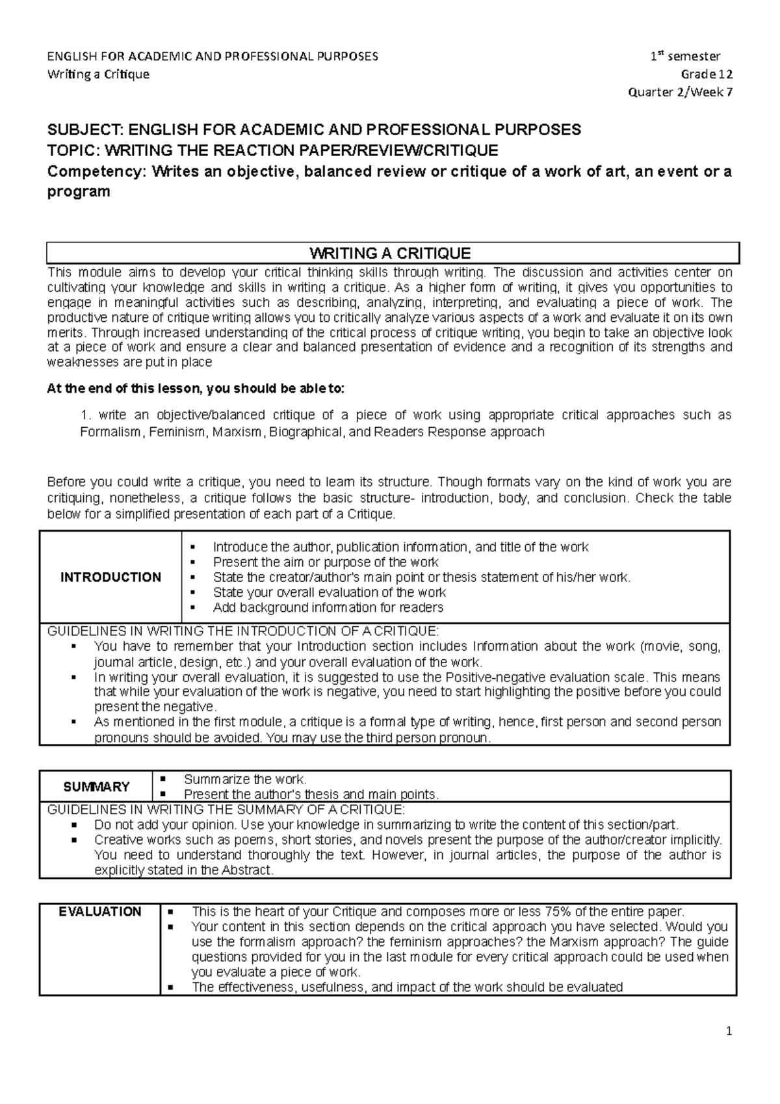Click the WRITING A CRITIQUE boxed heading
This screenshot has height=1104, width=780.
click(390, 253)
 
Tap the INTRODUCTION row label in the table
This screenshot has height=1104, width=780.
click(110, 577)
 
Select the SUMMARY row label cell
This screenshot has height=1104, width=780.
click(96, 787)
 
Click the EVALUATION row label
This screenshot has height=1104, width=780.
click(99, 912)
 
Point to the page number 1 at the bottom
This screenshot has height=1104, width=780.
click(729, 1031)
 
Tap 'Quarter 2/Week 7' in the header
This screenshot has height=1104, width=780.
click(681, 92)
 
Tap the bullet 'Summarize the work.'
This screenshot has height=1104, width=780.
click(245, 779)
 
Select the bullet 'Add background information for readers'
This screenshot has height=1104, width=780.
click(328, 607)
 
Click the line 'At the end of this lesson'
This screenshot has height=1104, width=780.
click(196, 389)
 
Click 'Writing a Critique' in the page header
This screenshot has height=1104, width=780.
click(98, 74)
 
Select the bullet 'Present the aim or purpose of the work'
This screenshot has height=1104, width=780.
click(326, 562)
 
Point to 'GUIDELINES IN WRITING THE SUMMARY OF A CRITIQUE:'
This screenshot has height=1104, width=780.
click(226, 809)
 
